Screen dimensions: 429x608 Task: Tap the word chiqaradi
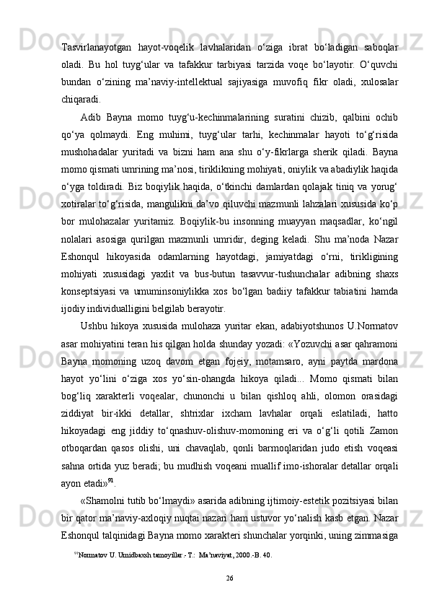click(x=81, y=100)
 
